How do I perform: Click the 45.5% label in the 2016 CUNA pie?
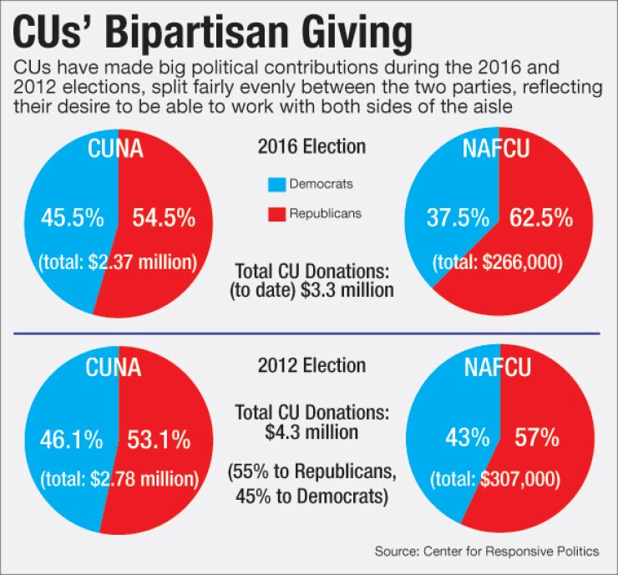point(73,219)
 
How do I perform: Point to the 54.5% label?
point(164,219)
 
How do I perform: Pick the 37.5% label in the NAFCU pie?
point(457,219)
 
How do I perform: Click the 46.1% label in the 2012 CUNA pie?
point(70,440)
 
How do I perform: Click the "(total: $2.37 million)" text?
point(117,261)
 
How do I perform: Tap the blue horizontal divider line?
point(309,333)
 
